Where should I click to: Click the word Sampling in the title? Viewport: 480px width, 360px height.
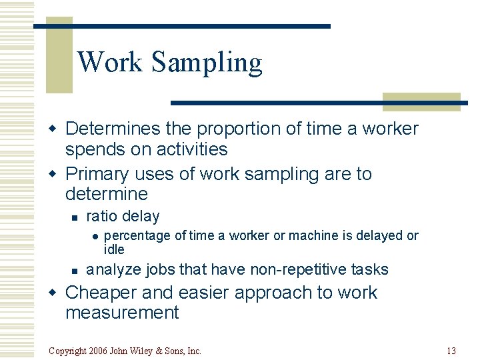[x=207, y=63]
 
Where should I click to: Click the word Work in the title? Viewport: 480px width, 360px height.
[x=110, y=62]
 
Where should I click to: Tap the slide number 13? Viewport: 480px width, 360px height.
[x=451, y=351]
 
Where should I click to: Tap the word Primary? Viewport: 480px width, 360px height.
[x=97, y=174]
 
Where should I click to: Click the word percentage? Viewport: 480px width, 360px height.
[x=137, y=235]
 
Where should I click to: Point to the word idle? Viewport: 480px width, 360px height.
[x=114, y=249]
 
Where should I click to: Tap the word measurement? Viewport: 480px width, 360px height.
[x=122, y=313]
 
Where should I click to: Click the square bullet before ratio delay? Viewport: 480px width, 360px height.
[x=75, y=217]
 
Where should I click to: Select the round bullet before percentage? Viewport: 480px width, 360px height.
[x=95, y=236]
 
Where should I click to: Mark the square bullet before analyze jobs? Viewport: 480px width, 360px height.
[x=75, y=270]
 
